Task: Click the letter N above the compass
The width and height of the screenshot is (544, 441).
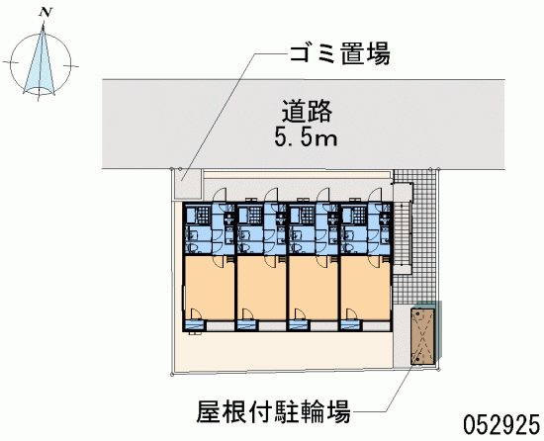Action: click(x=45, y=13)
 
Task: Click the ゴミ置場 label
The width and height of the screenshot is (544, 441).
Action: click(x=339, y=53)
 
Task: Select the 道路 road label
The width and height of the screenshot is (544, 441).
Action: click(x=307, y=111)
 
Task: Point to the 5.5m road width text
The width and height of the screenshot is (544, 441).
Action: click(x=306, y=136)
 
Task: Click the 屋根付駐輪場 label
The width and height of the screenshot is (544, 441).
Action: click(x=273, y=411)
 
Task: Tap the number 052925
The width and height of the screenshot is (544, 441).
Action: click(x=501, y=425)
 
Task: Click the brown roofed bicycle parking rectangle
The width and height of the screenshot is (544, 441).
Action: click(x=423, y=336)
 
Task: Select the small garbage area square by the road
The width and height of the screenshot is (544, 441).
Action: click(x=188, y=185)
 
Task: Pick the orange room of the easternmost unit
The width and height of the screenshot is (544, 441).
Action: click(x=366, y=288)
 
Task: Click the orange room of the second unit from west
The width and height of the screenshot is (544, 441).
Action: click(x=261, y=288)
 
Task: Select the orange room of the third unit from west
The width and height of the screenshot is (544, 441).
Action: click(x=314, y=288)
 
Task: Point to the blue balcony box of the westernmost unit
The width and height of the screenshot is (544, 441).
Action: click(x=194, y=326)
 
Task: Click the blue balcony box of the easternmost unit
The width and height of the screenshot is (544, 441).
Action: click(x=351, y=326)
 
